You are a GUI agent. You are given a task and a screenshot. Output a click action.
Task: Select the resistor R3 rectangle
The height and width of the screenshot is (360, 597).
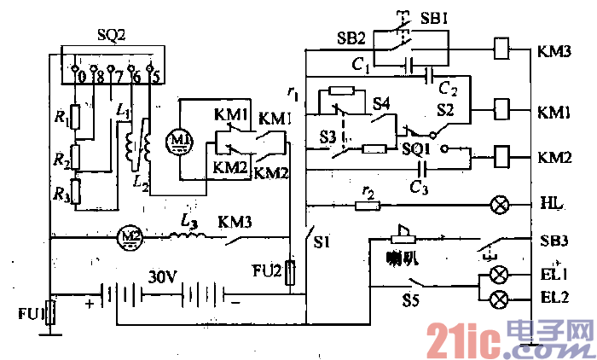point(75,192)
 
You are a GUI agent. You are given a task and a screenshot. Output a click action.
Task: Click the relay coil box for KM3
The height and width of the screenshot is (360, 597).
point(503,49)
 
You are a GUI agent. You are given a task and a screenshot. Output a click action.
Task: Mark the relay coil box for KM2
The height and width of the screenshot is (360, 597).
point(503,157)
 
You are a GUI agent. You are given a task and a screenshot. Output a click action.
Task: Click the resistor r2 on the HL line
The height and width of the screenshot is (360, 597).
point(368,206)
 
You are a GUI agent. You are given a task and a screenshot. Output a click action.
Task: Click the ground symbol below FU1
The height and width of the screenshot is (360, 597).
point(50,336)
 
